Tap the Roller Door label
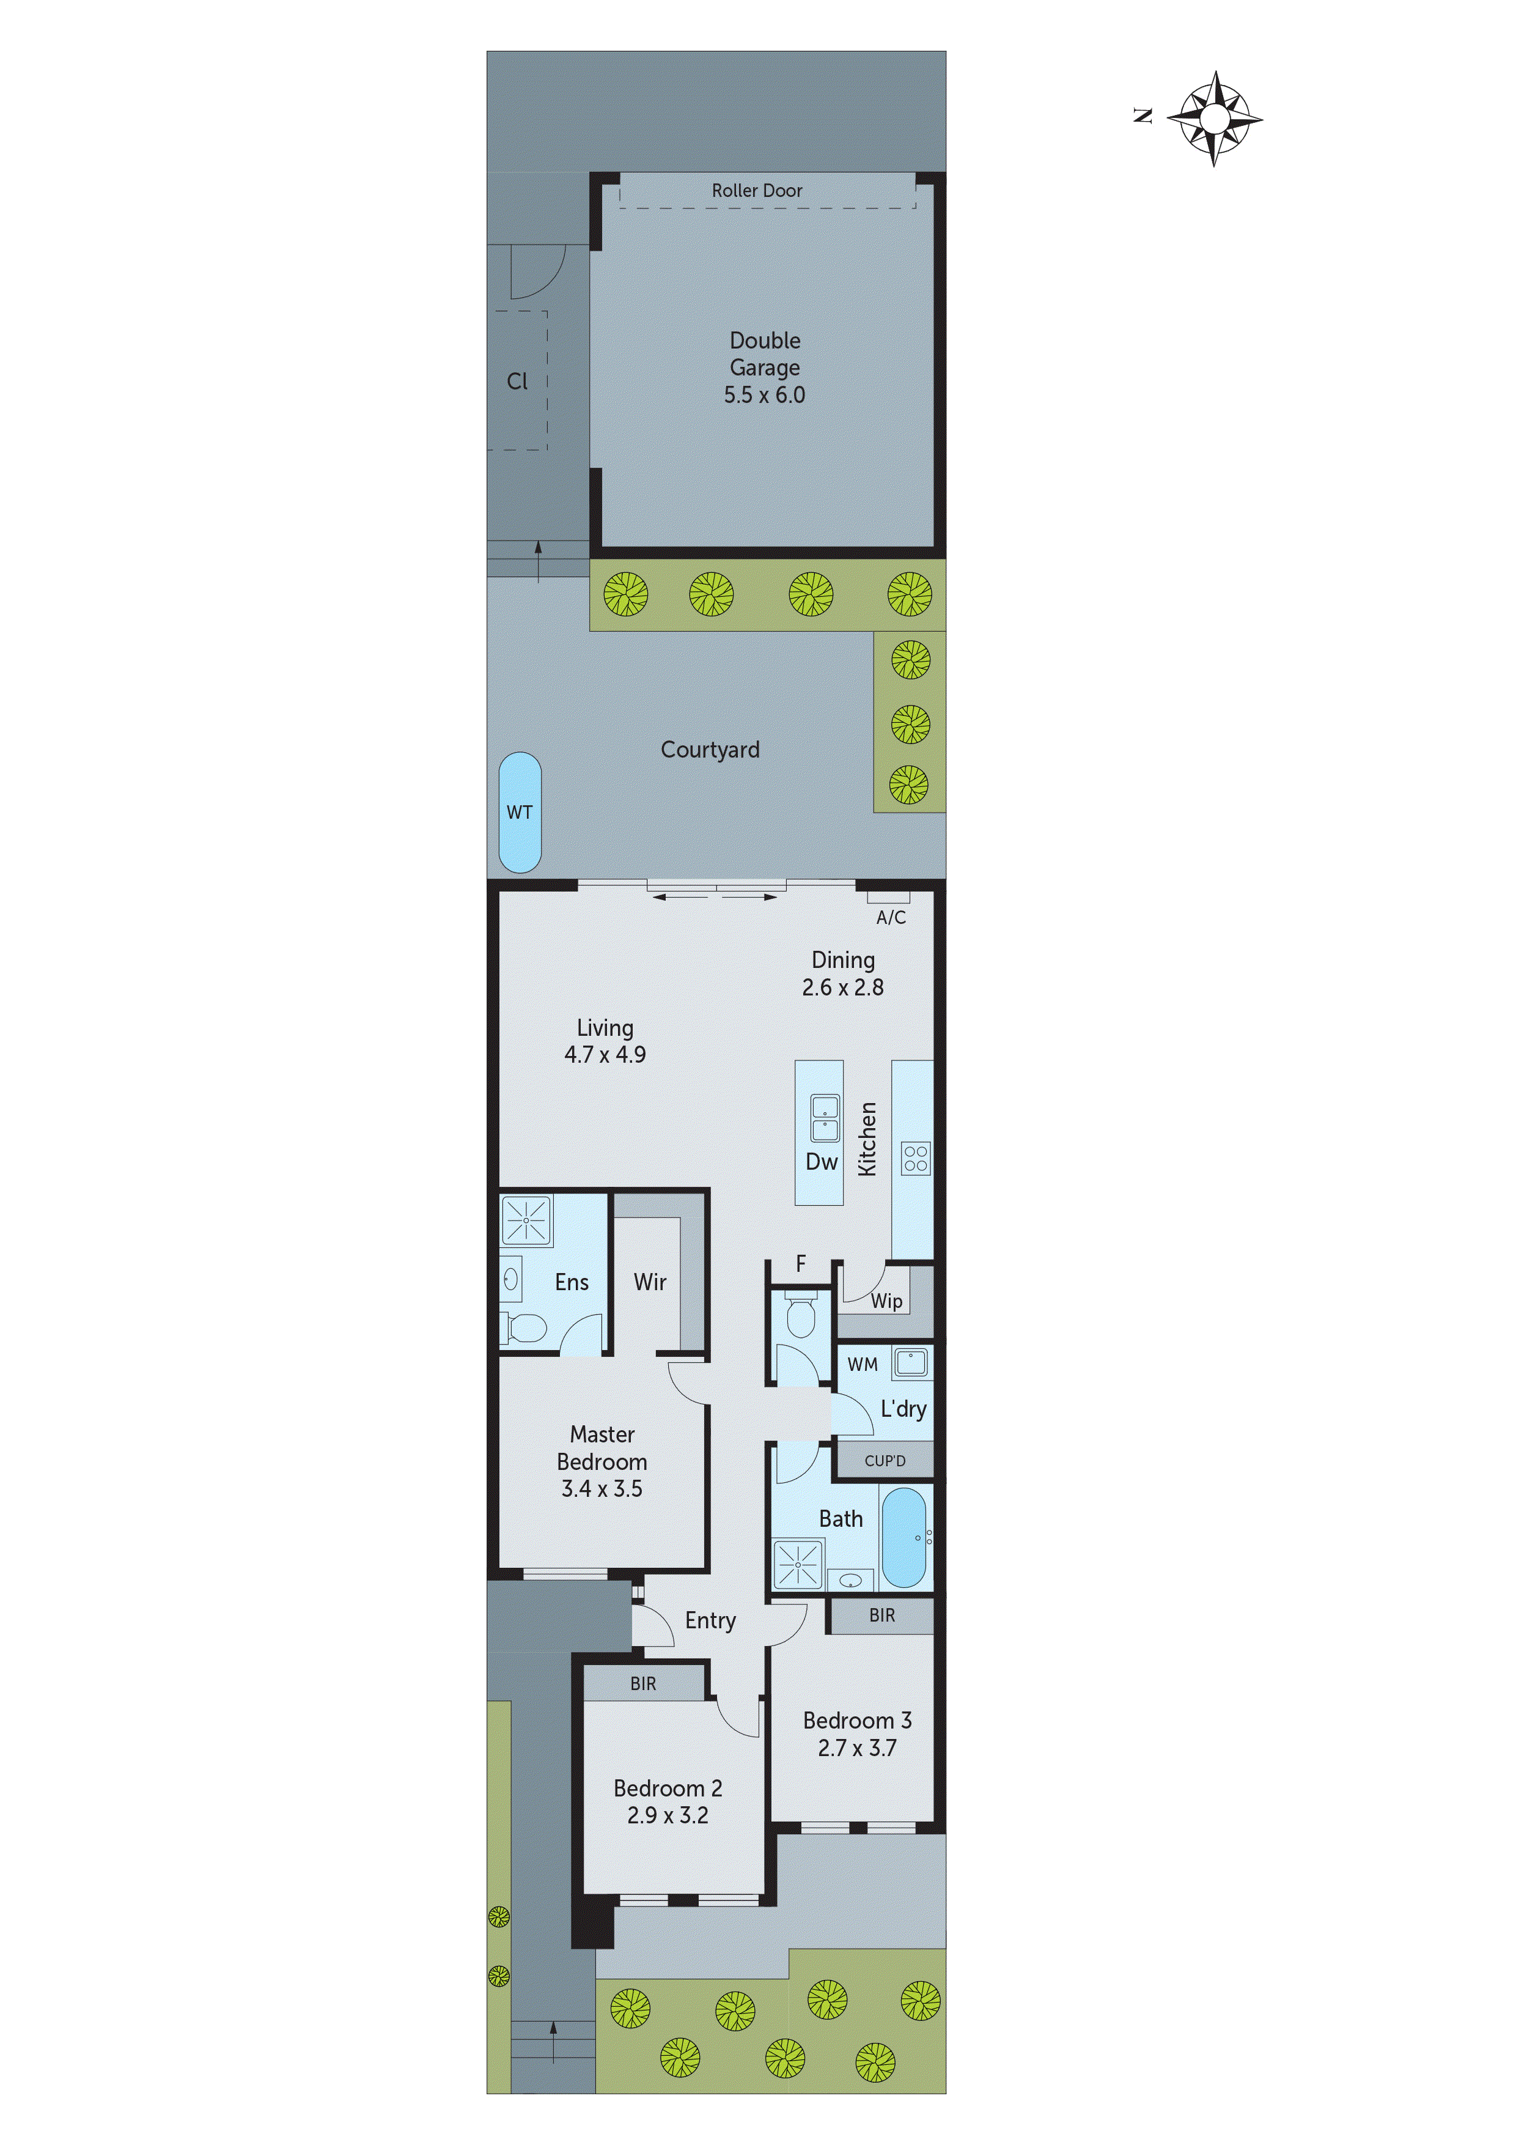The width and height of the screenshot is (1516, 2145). (x=757, y=191)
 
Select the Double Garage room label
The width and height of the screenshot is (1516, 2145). (x=764, y=367)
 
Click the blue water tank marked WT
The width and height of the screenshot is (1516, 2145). (x=520, y=812)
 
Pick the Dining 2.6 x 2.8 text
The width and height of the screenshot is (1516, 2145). (x=842, y=973)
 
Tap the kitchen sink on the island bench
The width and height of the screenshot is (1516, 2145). (x=825, y=1118)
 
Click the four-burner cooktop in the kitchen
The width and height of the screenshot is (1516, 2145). (x=915, y=1159)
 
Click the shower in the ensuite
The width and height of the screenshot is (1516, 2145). (x=526, y=1220)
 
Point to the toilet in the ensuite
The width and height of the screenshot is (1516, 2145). (x=525, y=1327)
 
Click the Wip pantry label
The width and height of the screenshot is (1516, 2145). (x=886, y=1301)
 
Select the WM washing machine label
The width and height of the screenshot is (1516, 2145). (x=862, y=1364)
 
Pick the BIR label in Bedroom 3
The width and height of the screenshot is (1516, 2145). (x=881, y=1615)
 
